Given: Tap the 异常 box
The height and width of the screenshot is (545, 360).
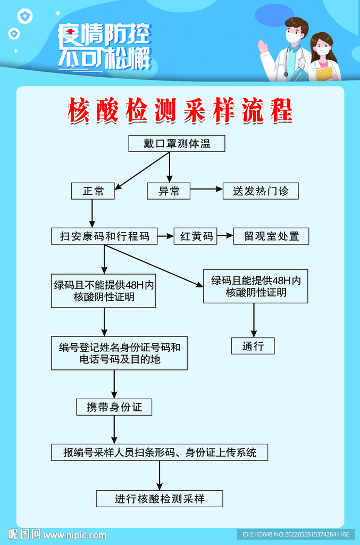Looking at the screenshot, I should point(169,191).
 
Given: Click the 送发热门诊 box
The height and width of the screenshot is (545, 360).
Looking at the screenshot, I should point(261,191).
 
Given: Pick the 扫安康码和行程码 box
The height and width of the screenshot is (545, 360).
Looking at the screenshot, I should point(104,236).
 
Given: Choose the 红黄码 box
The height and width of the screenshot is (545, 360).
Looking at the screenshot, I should point(196,236).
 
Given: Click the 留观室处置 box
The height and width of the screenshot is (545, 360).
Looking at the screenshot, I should point(271,236).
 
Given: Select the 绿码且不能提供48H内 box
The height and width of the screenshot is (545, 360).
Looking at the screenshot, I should point(104,290).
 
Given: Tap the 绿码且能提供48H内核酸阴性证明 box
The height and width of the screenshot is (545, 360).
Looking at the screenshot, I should point(255,286).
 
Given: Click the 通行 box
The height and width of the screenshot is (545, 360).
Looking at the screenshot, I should point(253,346).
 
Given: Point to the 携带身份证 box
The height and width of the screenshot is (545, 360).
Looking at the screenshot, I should point(114,408).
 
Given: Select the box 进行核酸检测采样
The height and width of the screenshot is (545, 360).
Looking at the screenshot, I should point(160,499).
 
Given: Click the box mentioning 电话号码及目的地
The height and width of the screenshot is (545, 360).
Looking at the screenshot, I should point(119,353).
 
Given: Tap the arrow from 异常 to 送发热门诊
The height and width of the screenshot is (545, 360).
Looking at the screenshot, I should point(206,189).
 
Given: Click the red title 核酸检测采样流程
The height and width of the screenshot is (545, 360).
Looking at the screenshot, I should point(180,110).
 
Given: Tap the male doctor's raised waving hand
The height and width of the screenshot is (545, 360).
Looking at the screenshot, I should point(263,46).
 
